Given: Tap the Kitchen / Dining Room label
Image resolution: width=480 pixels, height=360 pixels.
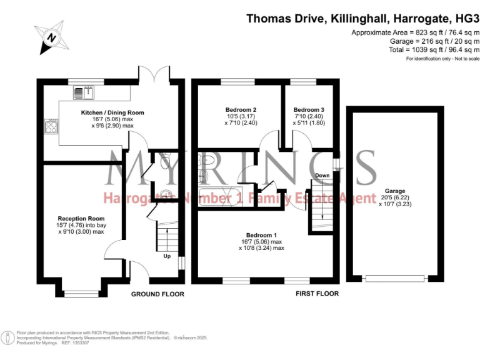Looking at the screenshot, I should [x=112, y=113].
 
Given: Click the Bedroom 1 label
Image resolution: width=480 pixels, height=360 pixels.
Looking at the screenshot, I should [x=261, y=234].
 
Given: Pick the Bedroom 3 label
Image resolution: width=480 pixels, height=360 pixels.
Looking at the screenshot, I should [x=308, y=109].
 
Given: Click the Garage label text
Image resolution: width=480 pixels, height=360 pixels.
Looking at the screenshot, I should [x=394, y=191].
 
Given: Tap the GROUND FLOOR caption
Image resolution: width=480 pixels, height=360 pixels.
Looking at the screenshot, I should [x=157, y=294].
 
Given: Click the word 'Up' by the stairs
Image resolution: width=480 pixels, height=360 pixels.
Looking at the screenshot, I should [x=166, y=256].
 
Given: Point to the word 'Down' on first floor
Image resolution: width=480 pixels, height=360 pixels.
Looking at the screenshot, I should [x=322, y=176].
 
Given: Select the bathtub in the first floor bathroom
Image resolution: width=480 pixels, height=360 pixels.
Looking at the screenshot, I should [x=220, y=194].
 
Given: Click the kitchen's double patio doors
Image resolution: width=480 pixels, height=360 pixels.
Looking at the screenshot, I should [x=154, y=74].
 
